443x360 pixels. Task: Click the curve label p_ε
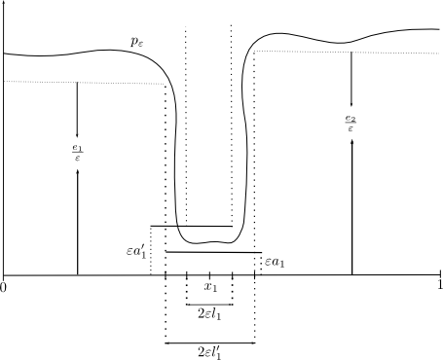(x=136, y=42)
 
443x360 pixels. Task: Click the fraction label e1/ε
(x=77, y=153)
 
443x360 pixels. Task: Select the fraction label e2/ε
(x=351, y=124)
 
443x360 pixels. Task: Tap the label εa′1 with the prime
(x=136, y=252)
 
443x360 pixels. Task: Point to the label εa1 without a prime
(x=275, y=262)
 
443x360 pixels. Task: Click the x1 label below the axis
(x=210, y=287)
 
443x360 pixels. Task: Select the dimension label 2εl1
(x=209, y=314)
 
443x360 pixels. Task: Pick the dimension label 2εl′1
(x=209, y=352)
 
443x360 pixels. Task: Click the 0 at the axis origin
(x=3, y=288)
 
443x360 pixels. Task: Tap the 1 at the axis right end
(x=440, y=285)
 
